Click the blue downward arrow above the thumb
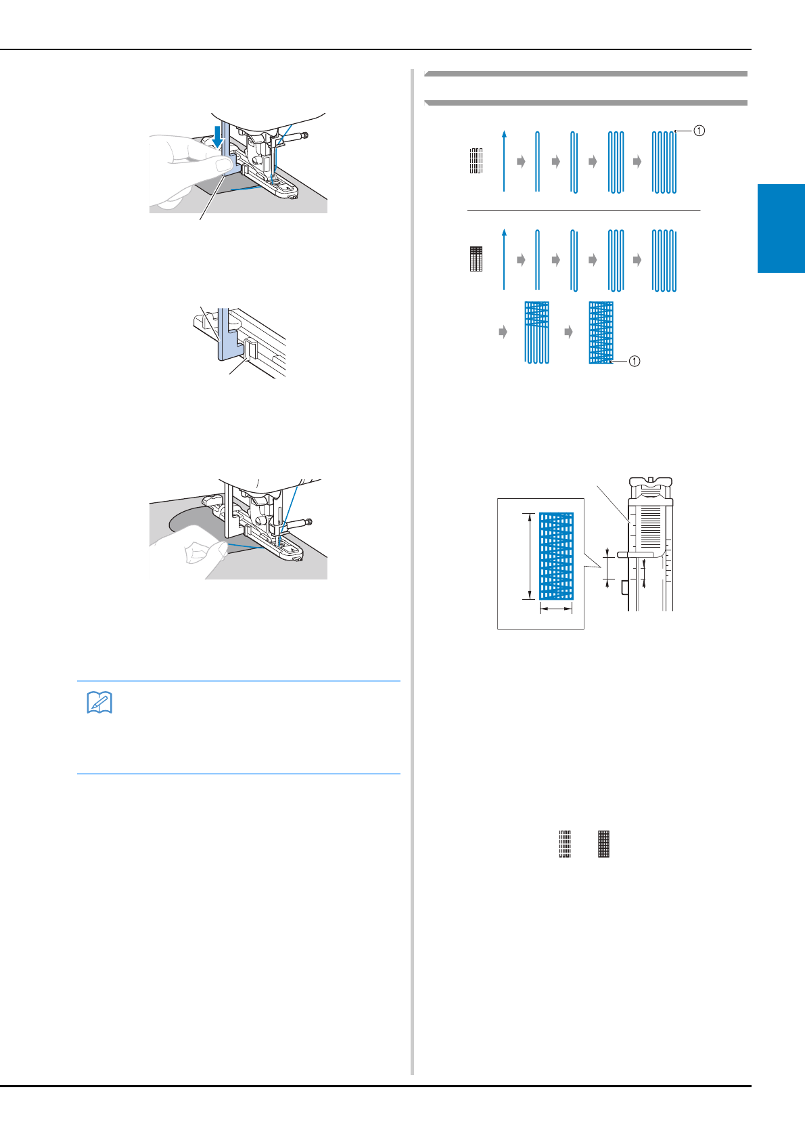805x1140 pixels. (217, 135)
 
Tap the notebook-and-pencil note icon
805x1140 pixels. (99, 703)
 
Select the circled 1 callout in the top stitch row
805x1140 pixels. (699, 131)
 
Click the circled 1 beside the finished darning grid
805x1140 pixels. (635, 361)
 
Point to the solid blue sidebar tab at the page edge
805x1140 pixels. (781, 228)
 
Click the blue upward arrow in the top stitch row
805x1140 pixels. (504, 161)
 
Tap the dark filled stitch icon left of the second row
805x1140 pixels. (476, 259)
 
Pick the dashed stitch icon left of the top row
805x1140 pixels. (476, 160)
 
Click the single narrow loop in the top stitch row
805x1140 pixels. (537, 161)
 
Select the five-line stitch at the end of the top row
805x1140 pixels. (664, 162)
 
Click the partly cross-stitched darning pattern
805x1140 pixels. (536, 332)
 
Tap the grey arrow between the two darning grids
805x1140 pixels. (568, 332)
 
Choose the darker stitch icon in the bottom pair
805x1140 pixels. (604, 844)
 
